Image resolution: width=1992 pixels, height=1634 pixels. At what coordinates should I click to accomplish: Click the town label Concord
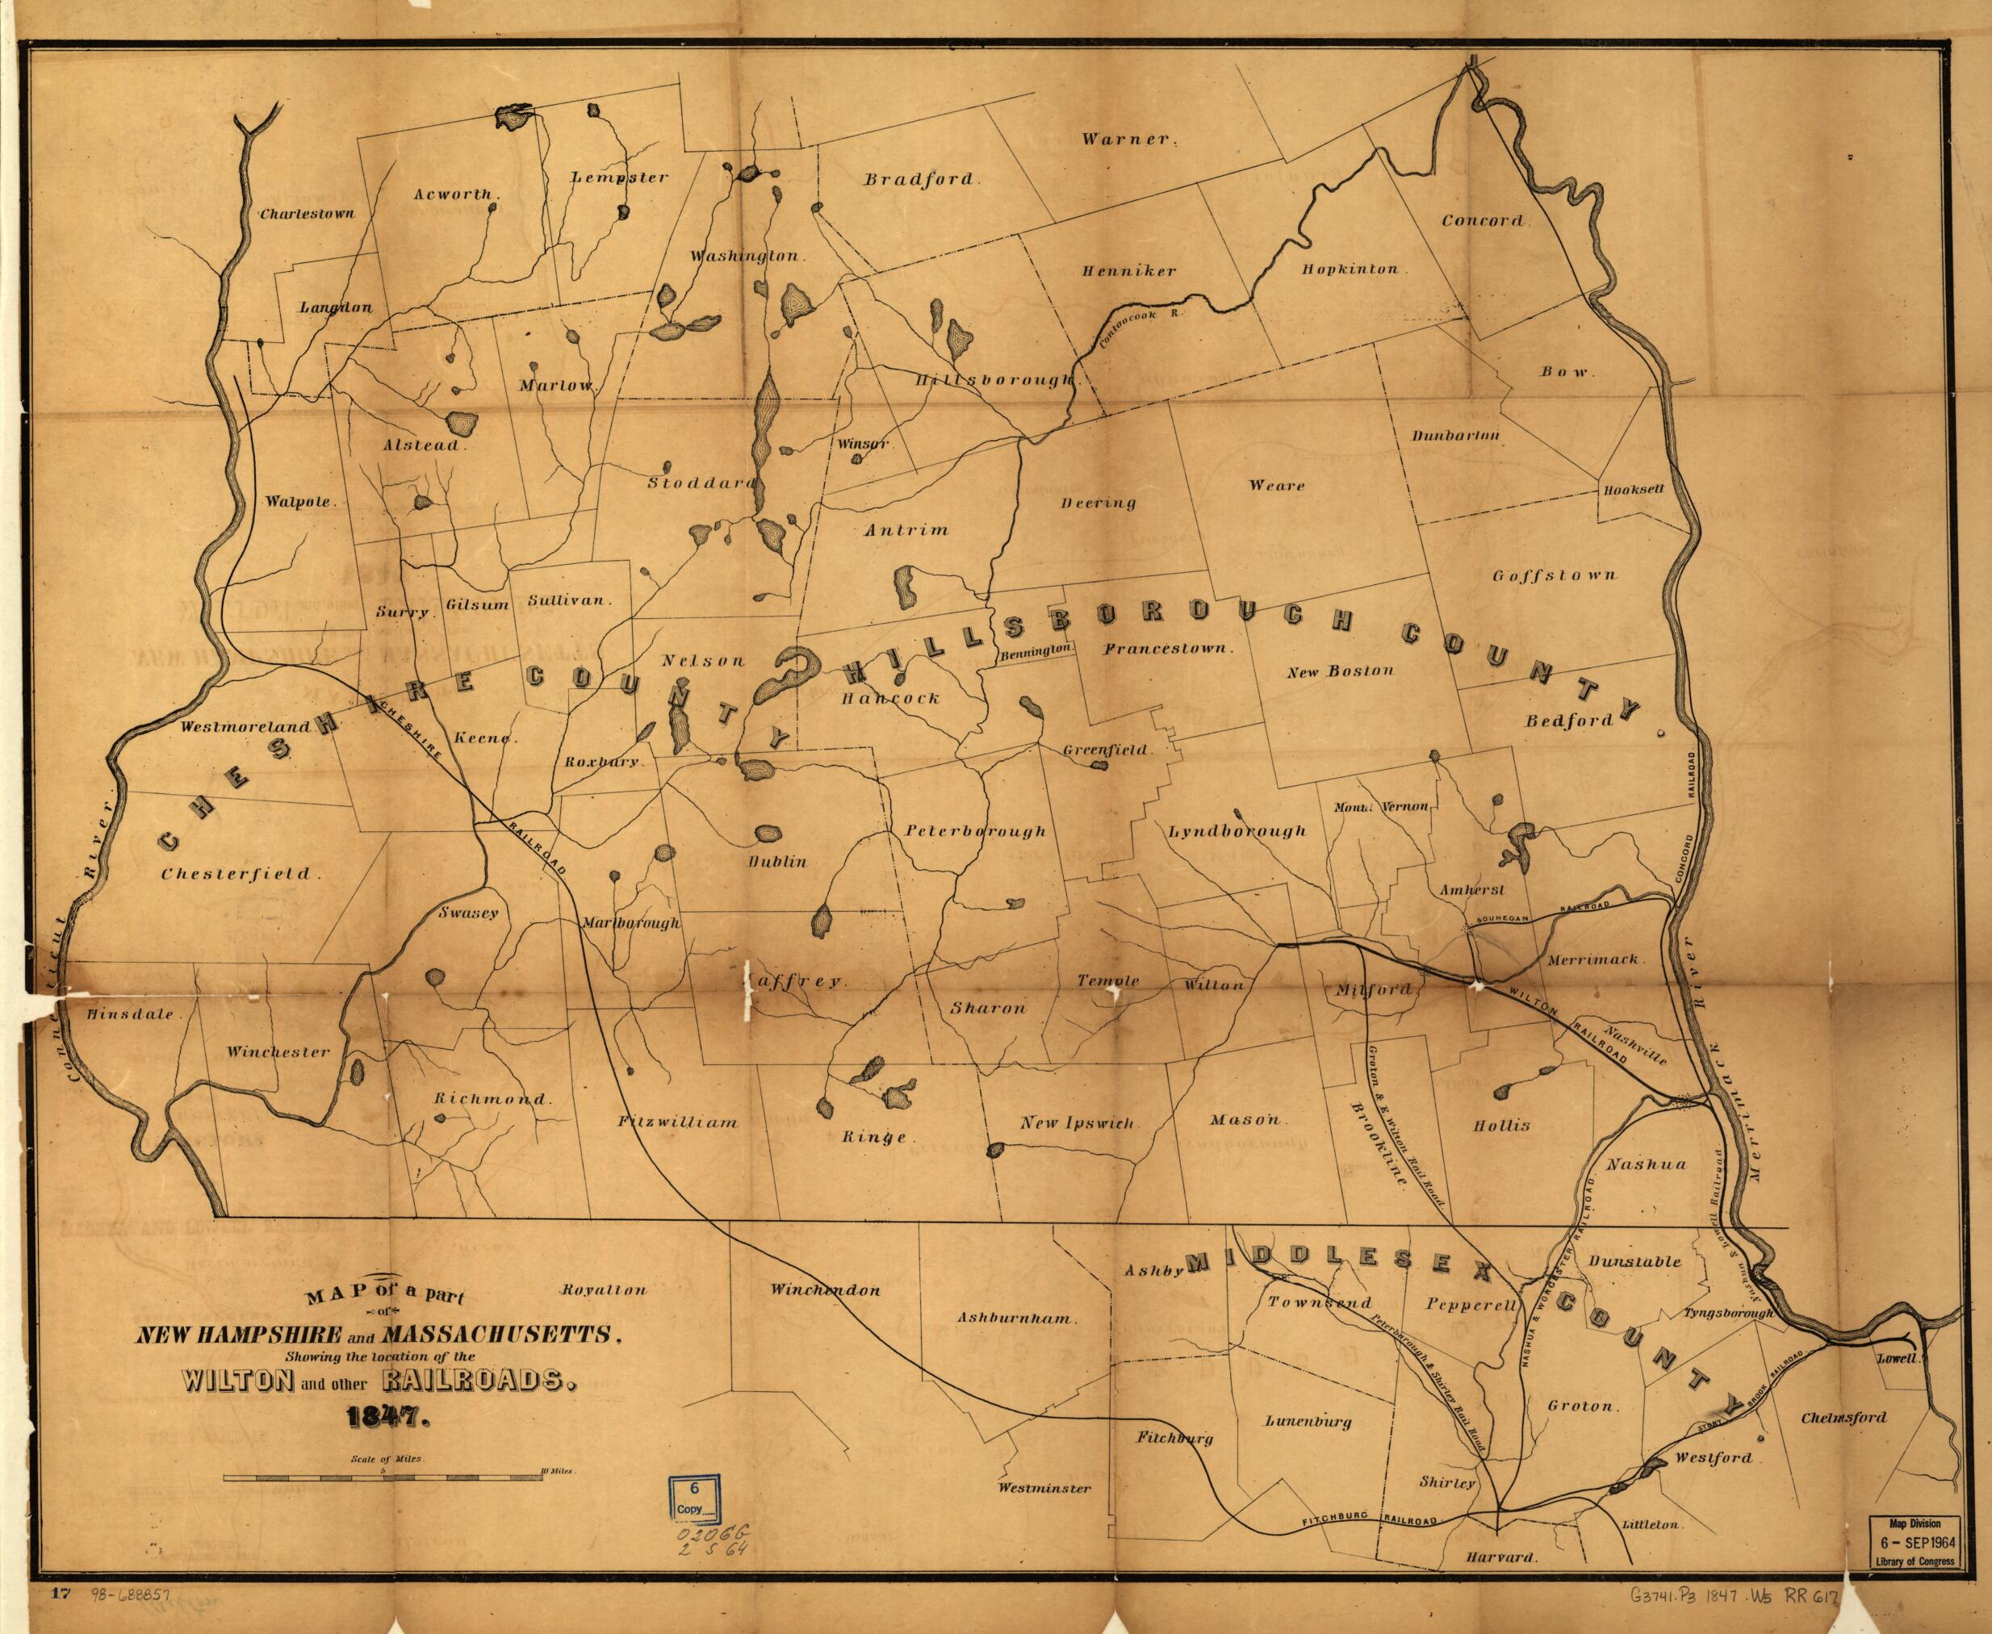coord(1482,220)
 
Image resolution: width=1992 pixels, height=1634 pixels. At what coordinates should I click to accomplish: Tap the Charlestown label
coord(308,214)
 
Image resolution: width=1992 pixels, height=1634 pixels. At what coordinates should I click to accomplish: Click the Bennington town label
coord(1037,651)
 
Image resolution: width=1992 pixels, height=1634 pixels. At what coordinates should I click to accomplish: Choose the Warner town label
coord(1125,140)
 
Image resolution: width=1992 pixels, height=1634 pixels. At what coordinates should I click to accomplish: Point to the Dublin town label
coord(777,861)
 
